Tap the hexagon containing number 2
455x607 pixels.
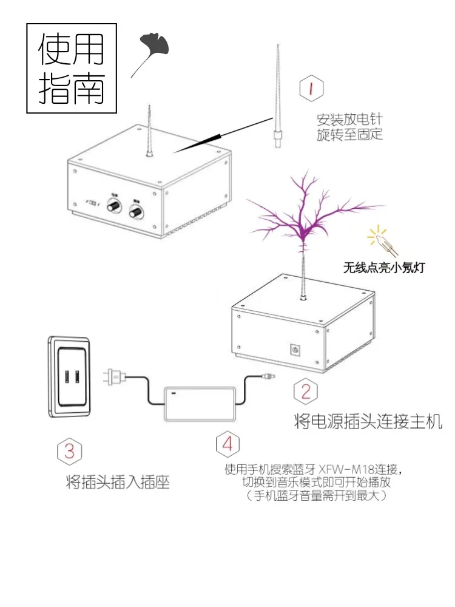[305, 392]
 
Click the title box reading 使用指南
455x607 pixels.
[72, 68]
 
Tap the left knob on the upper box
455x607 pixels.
[113, 208]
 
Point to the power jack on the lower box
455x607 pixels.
[297, 350]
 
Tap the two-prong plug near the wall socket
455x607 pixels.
[115, 376]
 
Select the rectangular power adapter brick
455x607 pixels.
[200, 402]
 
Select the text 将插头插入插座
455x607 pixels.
[117, 483]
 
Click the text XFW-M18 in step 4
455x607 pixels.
[343, 469]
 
